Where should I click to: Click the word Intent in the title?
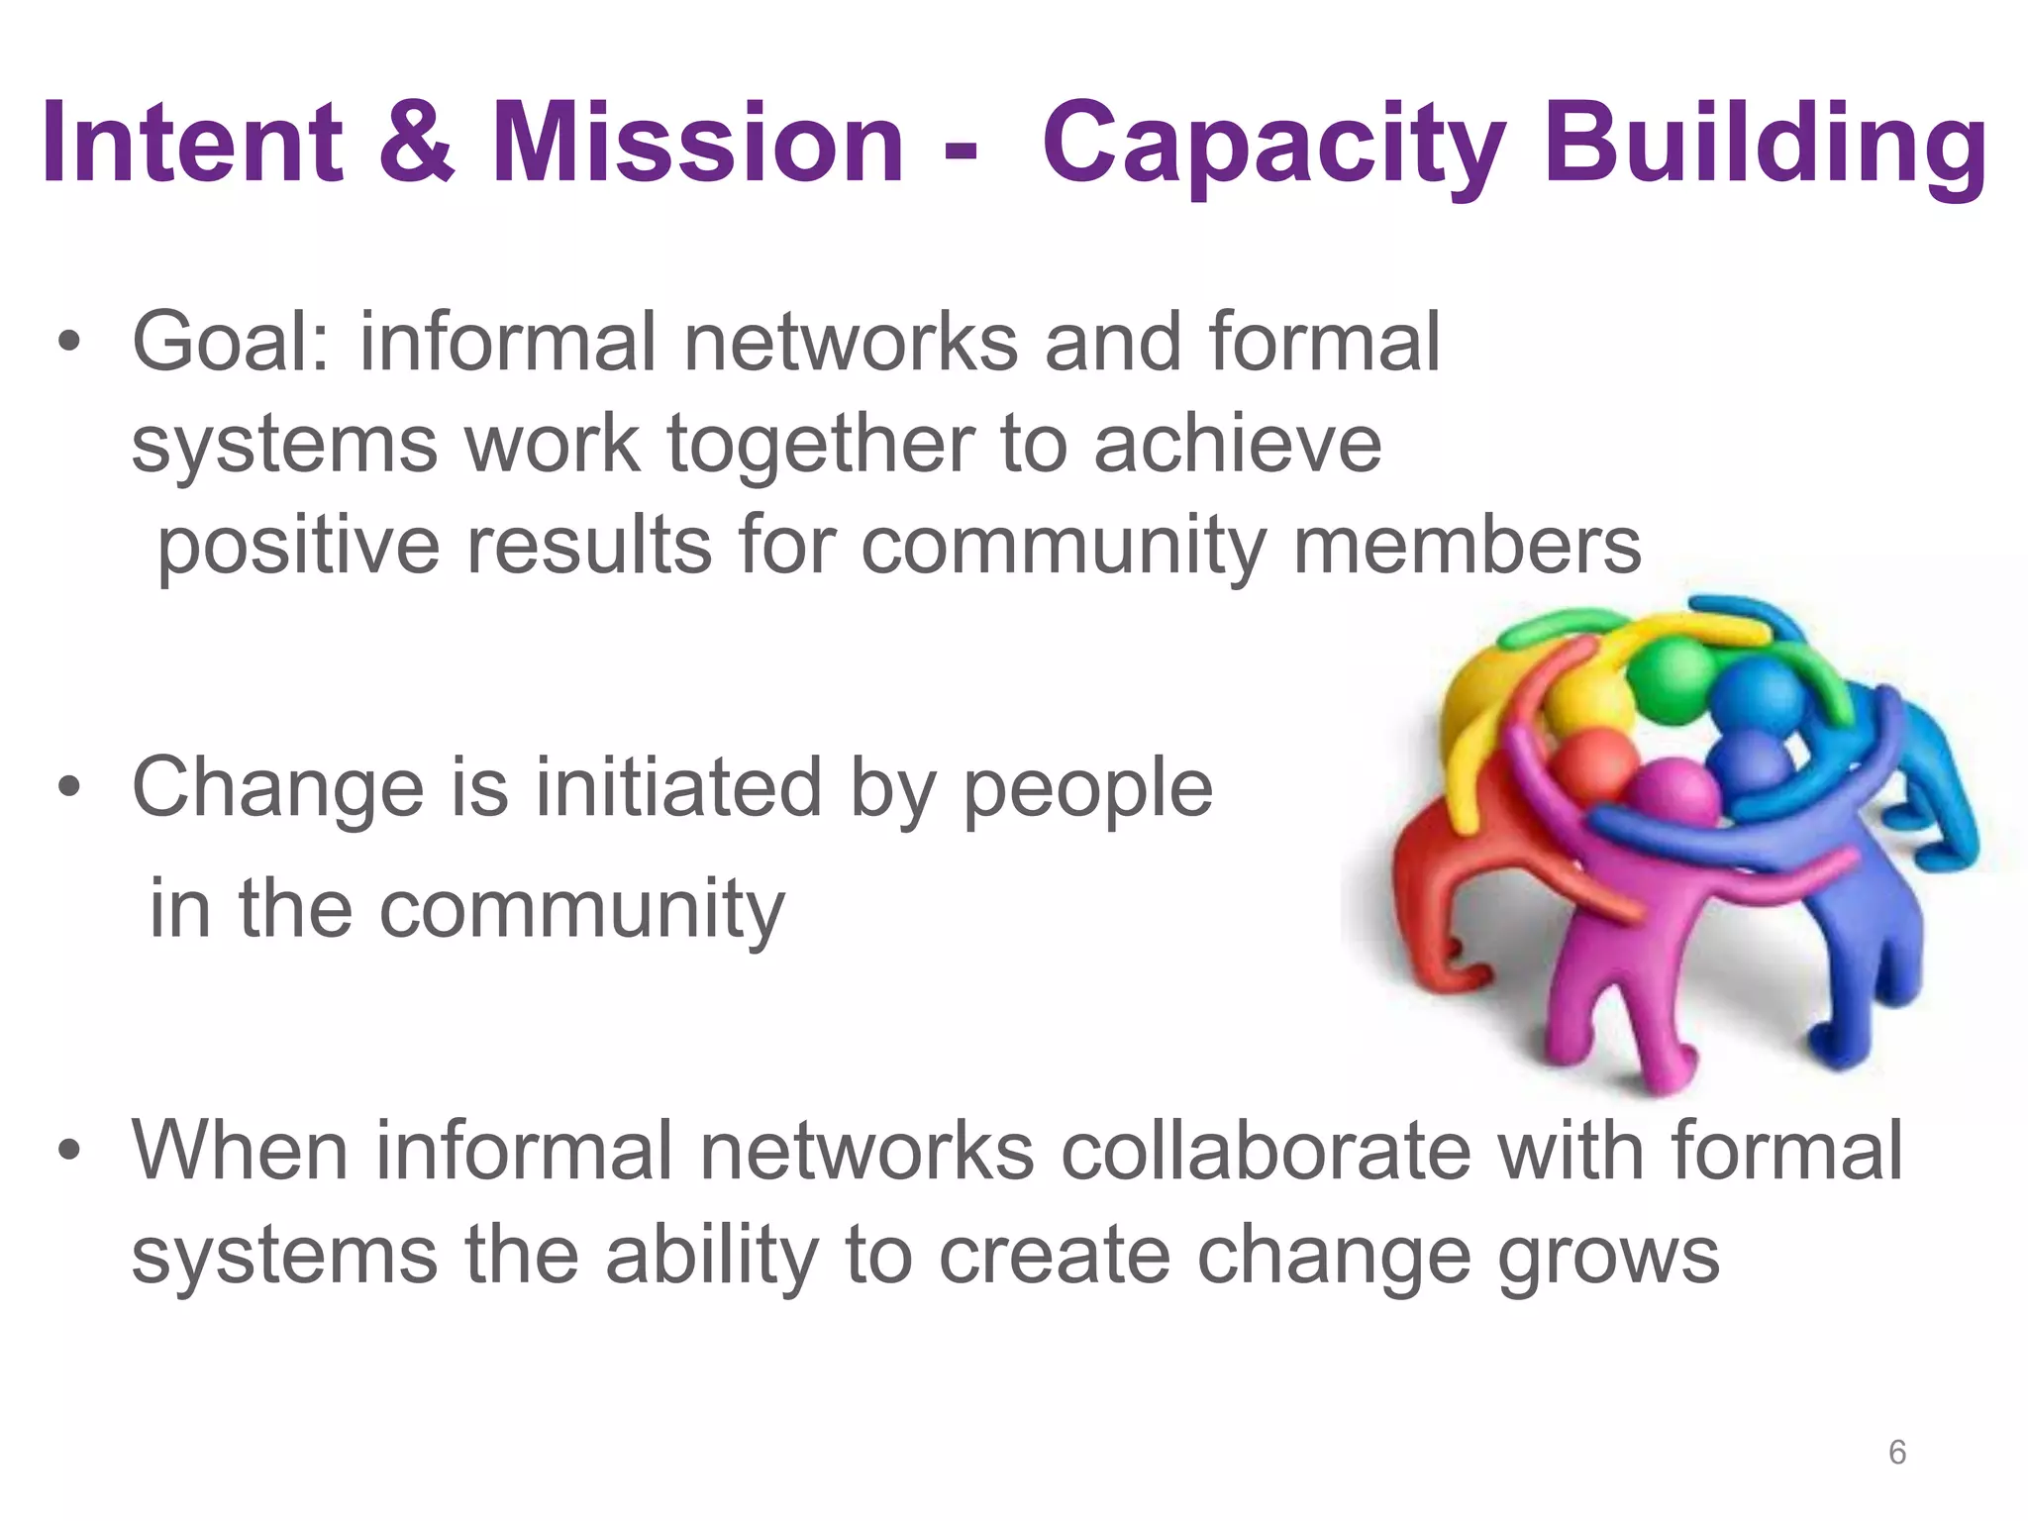tap(192, 143)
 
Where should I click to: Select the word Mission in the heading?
tap(698, 143)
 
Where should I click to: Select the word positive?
tap(298, 548)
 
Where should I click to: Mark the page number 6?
tap(1896, 1453)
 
